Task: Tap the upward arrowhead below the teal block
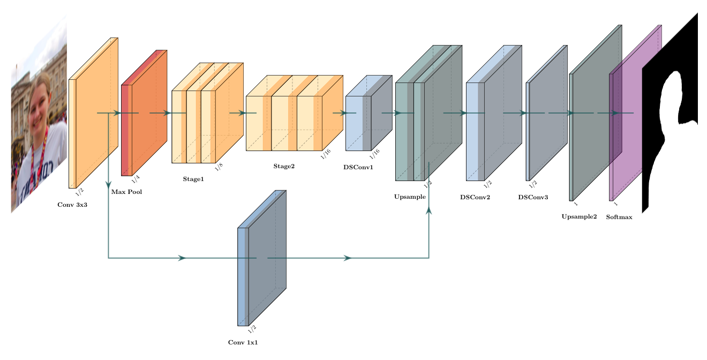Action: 428,210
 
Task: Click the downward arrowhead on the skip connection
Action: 108,184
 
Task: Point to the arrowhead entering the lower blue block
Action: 182,258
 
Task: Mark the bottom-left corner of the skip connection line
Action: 109,258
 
